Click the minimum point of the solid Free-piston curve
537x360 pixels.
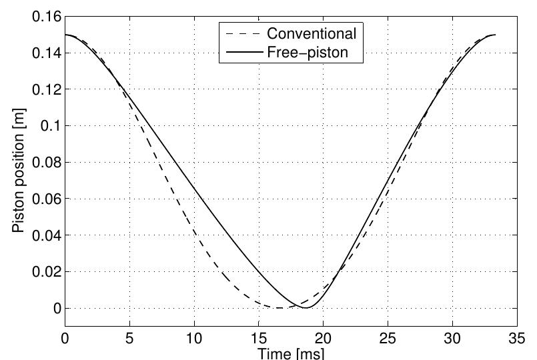coord(306,308)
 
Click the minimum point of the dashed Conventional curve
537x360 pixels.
coord(279,308)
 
